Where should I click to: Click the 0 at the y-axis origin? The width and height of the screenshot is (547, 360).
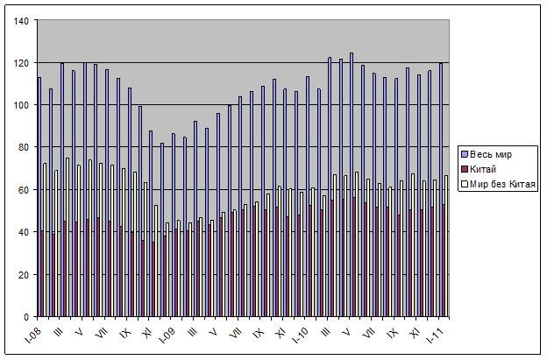(27, 316)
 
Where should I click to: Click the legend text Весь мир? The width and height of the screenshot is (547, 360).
(492, 155)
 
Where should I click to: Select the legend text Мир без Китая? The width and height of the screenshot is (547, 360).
(502, 184)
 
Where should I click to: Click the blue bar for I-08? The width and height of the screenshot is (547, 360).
(39, 197)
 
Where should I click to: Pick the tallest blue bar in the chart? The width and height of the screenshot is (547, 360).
(352, 184)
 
